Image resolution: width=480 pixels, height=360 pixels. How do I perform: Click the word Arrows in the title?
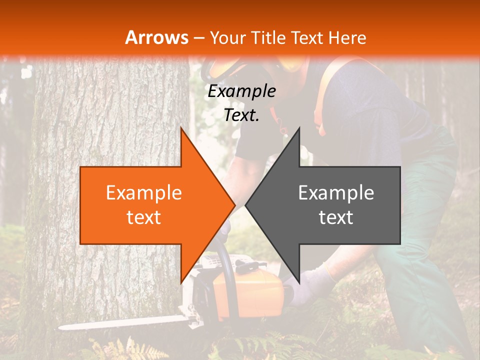pos(157,37)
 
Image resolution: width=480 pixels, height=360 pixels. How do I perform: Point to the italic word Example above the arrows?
pos(241,91)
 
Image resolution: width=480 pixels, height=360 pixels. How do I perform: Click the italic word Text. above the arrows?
pos(241,115)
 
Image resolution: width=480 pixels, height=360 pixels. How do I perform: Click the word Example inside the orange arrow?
pos(143,193)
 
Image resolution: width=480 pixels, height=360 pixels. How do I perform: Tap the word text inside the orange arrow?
pos(143,217)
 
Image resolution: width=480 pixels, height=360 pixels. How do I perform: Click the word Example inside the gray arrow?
pos(336,193)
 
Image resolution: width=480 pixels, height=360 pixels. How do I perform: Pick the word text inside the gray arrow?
pos(336,217)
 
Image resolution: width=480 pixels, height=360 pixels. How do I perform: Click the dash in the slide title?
pos(198,38)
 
